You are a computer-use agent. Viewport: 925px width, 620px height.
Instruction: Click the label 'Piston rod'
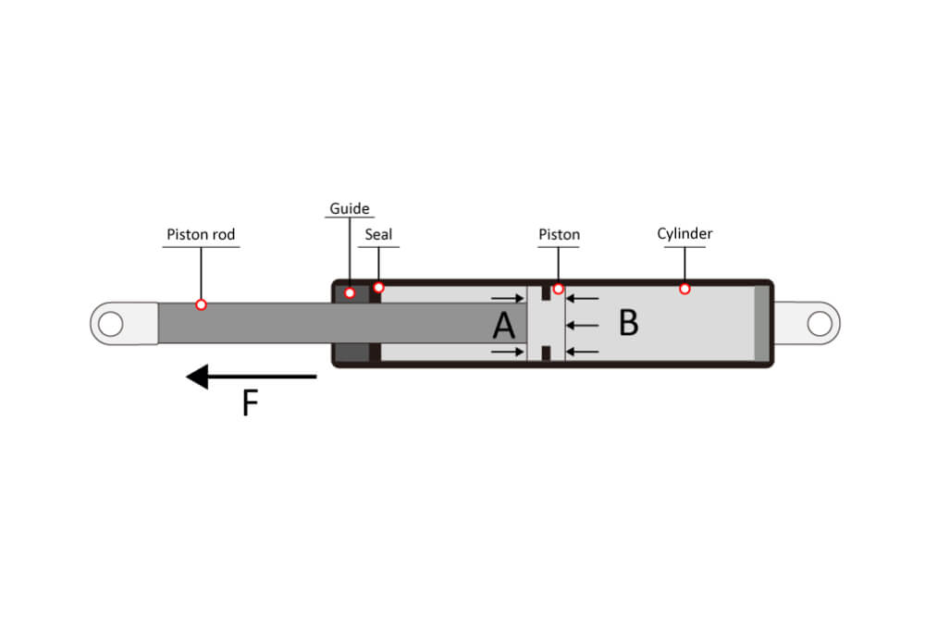pos(201,235)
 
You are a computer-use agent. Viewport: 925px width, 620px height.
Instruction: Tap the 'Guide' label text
pos(349,209)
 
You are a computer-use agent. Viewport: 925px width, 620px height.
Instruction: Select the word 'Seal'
pos(378,234)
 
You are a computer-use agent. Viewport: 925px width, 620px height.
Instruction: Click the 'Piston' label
pos(559,234)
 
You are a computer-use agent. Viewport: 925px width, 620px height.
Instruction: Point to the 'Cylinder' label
pos(684,233)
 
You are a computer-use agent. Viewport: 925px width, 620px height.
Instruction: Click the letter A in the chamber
pos(503,326)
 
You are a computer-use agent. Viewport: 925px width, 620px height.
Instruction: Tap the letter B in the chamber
pos(628,323)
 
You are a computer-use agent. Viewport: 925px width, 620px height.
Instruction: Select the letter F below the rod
pos(249,403)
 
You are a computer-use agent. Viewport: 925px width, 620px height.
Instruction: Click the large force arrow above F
pos(251,377)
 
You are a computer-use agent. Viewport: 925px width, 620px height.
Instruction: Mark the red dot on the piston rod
pos(201,304)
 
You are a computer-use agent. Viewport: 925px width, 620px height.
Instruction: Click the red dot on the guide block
pos(350,292)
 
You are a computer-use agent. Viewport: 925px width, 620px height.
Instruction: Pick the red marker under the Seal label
pos(378,287)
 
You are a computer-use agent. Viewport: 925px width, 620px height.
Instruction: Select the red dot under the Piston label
pos(558,289)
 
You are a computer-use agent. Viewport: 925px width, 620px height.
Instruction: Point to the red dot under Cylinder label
pos(684,289)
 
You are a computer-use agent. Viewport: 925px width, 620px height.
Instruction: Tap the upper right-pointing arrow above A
pos(508,298)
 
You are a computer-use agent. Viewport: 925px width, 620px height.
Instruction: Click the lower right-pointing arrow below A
pos(508,352)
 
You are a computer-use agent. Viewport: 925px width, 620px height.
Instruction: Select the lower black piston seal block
pos(547,353)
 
